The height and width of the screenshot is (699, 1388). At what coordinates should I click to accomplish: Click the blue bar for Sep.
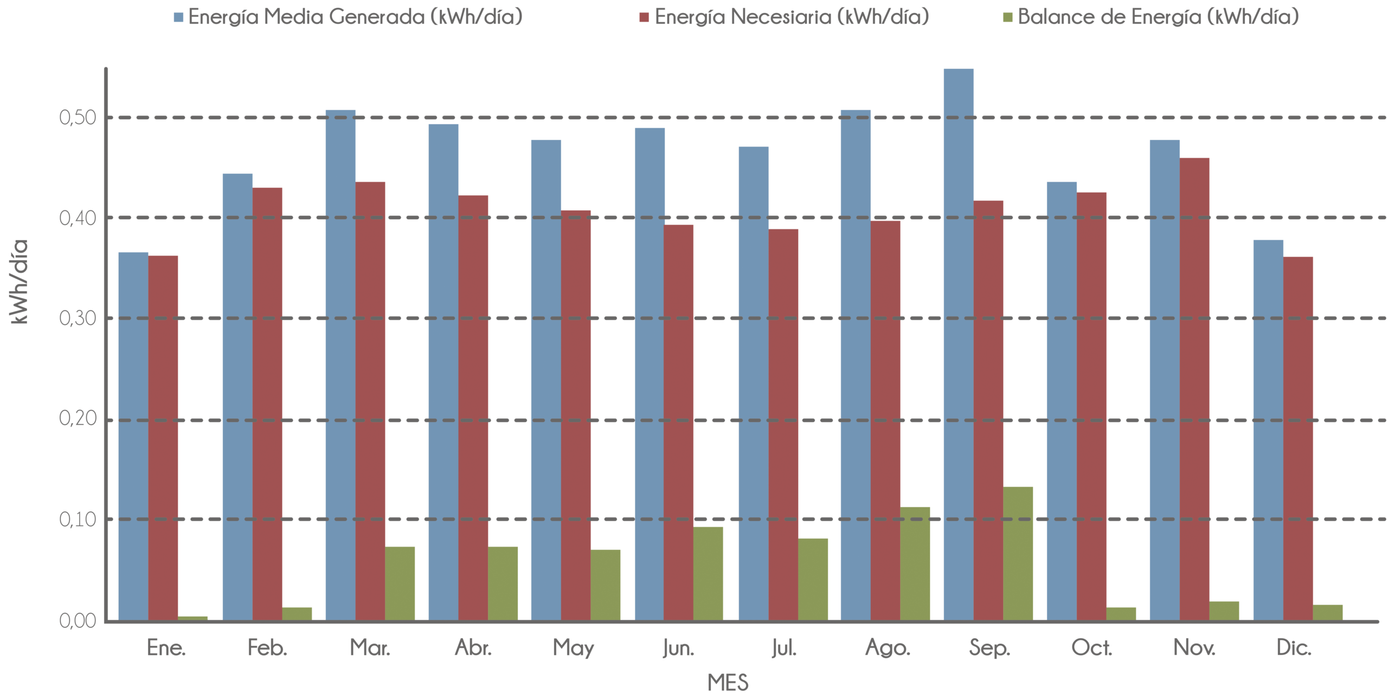click(x=959, y=344)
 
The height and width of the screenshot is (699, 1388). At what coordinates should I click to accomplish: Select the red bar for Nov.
click(x=1194, y=389)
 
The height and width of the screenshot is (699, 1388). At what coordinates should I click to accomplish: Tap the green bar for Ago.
click(x=915, y=563)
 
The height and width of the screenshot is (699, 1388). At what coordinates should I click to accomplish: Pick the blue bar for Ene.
click(x=133, y=436)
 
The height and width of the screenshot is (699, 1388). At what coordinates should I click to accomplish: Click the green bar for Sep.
click(x=1018, y=553)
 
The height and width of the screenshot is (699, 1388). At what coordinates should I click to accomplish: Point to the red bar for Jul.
click(x=783, y=424)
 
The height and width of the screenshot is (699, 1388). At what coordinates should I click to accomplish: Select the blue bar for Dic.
click(x=1268, y=430)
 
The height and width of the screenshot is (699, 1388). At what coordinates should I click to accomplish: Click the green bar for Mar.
click(x=400, y=583)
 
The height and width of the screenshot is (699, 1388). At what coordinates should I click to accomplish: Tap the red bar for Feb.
click(x=267, y=403)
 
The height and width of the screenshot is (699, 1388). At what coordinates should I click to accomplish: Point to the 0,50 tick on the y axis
click(x=78, y=118)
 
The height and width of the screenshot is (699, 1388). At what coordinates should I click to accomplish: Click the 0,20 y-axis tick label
click(x=78, y=419)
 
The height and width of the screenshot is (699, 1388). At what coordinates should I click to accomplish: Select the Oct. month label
click(x=1091, y=648)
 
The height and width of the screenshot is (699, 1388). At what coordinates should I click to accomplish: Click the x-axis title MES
click(x=728, y=683)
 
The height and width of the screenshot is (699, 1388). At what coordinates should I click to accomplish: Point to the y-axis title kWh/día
click(x=20, y=282)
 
